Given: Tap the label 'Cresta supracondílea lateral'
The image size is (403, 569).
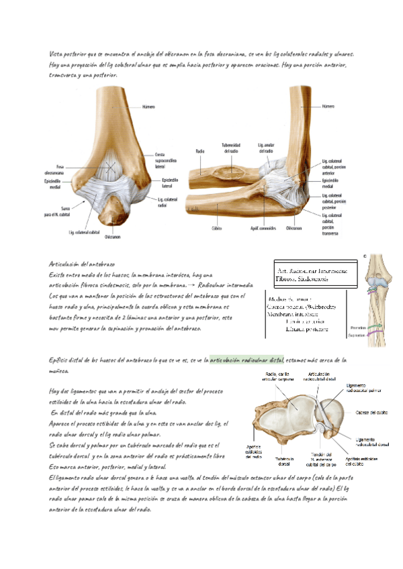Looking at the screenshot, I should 165,161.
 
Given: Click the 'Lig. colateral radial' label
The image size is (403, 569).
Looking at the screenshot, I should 167,203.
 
